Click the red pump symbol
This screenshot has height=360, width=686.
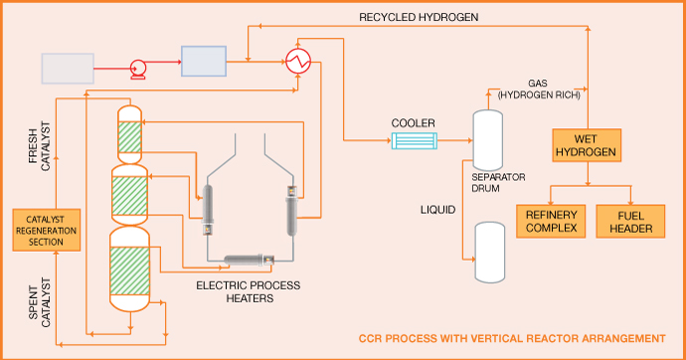point(138,70)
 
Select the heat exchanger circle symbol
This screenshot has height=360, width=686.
point(298,61)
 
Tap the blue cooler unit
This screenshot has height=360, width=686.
point(414,141)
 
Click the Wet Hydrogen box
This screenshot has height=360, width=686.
point(587,145)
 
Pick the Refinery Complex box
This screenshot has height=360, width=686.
point(551,222)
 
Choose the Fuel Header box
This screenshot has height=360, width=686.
point(630,222)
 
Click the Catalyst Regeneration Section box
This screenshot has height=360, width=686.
point(47,230)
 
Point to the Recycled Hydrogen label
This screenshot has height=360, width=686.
point(419,17)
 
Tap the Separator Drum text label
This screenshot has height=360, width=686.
point(498,183)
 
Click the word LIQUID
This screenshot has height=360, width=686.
point(437,210)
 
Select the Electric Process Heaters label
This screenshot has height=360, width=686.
point(249,291)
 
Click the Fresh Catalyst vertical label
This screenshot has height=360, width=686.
point(40,146)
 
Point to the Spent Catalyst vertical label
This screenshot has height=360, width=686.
point(40,302)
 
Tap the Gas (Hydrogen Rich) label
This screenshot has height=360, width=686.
point(539,89)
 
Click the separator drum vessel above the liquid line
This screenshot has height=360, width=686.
point(488,140)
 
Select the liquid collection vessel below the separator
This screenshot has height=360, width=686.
point(490,252)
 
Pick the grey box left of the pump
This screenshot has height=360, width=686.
point(68,69)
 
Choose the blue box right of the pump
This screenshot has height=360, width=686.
point(204,62)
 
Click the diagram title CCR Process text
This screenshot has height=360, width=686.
point(512,338)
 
